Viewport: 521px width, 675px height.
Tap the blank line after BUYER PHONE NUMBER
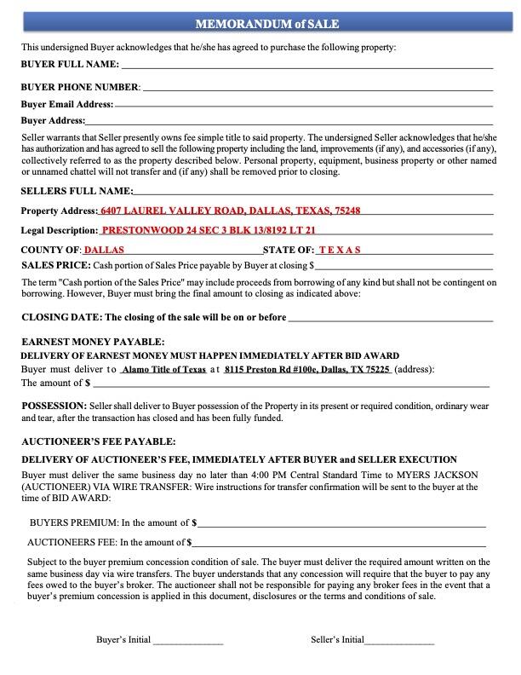pyautogui.click(x=318, y=88)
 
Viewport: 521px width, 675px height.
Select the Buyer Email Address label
pyautogui.click(x=67, y=104)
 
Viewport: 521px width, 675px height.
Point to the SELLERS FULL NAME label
pyautogui.click(x=77, y=191)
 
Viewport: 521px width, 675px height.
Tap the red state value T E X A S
pyautogui.click(x=340, y=251)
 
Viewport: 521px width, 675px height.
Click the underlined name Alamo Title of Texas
pyautogui.click(x=163, y=370)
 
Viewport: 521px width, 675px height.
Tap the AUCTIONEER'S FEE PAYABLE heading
pyautogui.click(x=99, y=441)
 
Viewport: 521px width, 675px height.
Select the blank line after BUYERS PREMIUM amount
pyautogui.click(x=341, y=523)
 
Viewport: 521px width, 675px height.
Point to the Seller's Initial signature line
pyautogui.click(x=399, y=640)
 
